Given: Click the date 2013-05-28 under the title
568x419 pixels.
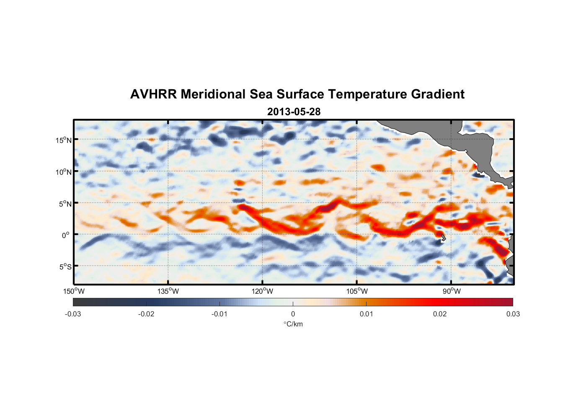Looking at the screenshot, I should [294, 112].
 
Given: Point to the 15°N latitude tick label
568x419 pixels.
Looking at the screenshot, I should [64, 140].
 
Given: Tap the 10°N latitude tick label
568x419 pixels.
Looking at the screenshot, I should [64, 172].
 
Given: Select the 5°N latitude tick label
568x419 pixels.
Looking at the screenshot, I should [65, 204].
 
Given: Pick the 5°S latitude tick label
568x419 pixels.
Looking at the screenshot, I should [65, 266].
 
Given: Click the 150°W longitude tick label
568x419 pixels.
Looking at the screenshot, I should [74, 291].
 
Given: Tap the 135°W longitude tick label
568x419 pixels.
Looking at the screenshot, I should [168, 291].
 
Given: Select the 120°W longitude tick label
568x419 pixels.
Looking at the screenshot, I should [263, 291].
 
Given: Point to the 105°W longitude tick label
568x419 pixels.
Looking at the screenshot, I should [357, 291].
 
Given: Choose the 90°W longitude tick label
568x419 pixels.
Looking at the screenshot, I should [452, 291].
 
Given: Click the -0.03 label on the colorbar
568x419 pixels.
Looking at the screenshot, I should [73, 314].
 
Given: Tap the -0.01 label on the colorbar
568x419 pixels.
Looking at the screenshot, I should [219, 314].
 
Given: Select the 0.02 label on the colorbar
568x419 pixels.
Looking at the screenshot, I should [440, 314].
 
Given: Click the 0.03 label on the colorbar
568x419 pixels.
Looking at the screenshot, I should [513, 314].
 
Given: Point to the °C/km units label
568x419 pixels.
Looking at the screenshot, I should [293, 324].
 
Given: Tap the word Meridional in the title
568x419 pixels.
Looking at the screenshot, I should [214, 94].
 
